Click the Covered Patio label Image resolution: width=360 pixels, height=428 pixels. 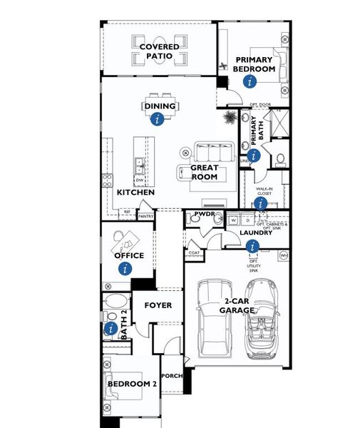coord(159,51)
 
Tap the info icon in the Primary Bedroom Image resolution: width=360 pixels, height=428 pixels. coord(250,81)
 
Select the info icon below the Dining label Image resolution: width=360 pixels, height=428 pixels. coord(158,120)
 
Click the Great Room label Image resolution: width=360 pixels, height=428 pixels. coord(204,173)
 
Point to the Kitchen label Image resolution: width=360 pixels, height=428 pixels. coord(135,193)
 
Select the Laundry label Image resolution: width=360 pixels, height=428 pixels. coord(257,233)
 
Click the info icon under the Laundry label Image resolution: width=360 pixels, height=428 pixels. coord(251,247)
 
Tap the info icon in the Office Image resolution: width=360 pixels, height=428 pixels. coord(126,268)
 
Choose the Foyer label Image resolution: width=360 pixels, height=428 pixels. coord(158,305)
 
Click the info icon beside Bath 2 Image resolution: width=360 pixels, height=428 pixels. coord(110,329)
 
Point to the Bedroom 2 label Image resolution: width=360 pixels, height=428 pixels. coord(132,384)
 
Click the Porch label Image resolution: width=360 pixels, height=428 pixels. coord(171,376)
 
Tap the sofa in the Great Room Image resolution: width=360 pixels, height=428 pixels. coord(215,152)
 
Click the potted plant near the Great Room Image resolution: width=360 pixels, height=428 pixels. coord(230,117)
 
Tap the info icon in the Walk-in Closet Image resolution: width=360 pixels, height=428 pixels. coord(260,204)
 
